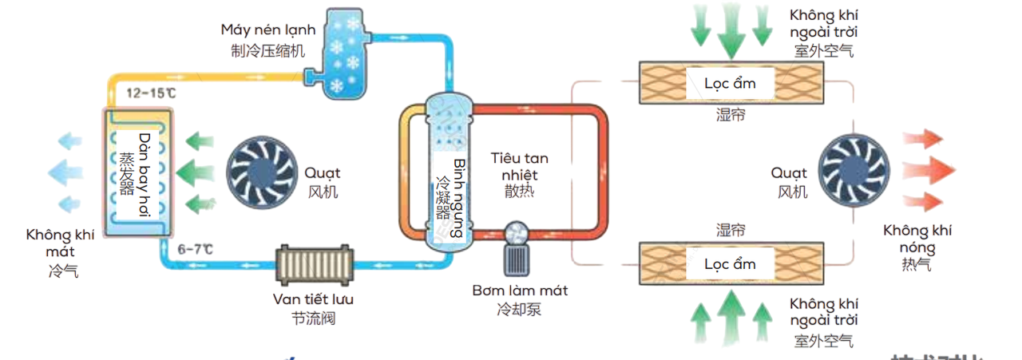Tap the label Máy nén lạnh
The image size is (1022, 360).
268,30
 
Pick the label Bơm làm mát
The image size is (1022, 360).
519,291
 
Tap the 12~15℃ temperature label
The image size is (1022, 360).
153,93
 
